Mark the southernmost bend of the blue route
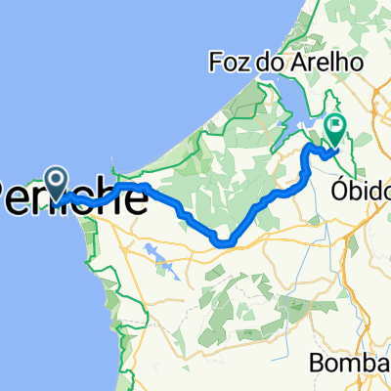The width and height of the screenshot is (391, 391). pos(225,241)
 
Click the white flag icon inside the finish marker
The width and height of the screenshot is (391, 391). pos(337,125)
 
